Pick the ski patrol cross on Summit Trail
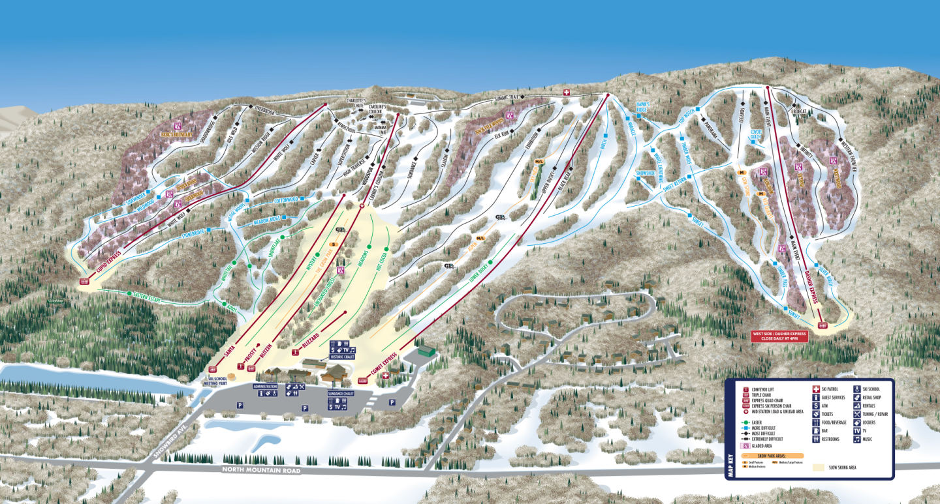(x=567, y=93)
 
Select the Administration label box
(x=265, y=387)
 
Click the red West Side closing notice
(x=779, y=336)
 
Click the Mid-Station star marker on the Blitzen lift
(x=362, y=206)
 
